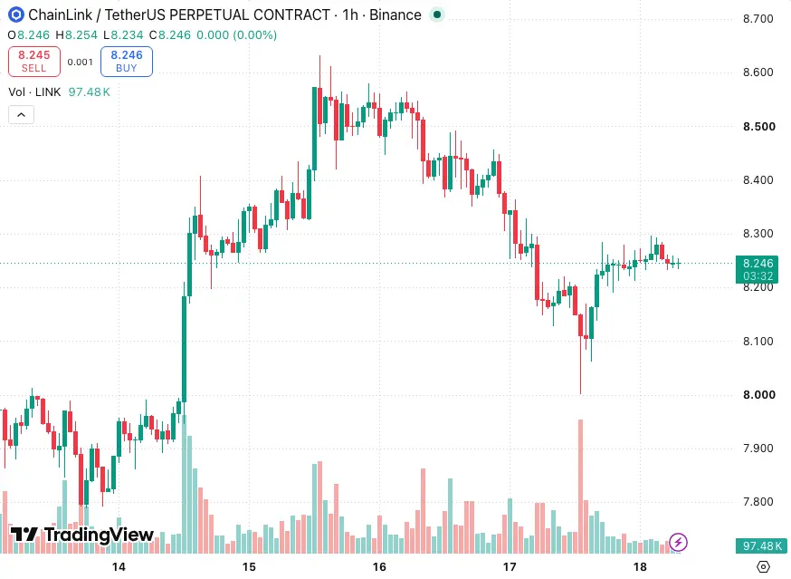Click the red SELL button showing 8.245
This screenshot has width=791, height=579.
click(x=34, y=62)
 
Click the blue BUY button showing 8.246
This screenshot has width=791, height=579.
click(x=127, y=62)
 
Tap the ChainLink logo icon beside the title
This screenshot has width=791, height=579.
click(x=16, y=14)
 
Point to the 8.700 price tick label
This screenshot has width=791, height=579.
click(x=758, y=19)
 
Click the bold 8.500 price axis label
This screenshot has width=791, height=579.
click(x=758, y=126)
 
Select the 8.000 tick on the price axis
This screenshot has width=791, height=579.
click(x=758, y=394)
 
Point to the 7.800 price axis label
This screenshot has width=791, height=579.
click(x=758, y=502)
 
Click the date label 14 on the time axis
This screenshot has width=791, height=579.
click(x=119, y=567)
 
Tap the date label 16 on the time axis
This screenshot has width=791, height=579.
click(x=379, y=567)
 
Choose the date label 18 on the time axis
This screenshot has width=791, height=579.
click(x=640, y=567)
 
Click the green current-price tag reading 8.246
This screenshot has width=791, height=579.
click(x=757, y=269)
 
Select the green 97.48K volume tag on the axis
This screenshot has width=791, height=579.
click(x=761, y=545)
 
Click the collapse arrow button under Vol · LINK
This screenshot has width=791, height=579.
click(x=21, y=115)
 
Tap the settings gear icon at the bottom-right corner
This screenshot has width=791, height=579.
click(x=763, y=567)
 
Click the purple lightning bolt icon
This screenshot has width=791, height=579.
click(x=678, y=542)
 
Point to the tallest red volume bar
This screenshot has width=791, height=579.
click(x=581, y=486)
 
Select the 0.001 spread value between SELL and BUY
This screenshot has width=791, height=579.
click(x=81, y=63)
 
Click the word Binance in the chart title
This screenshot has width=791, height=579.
click(x=395, y=14)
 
